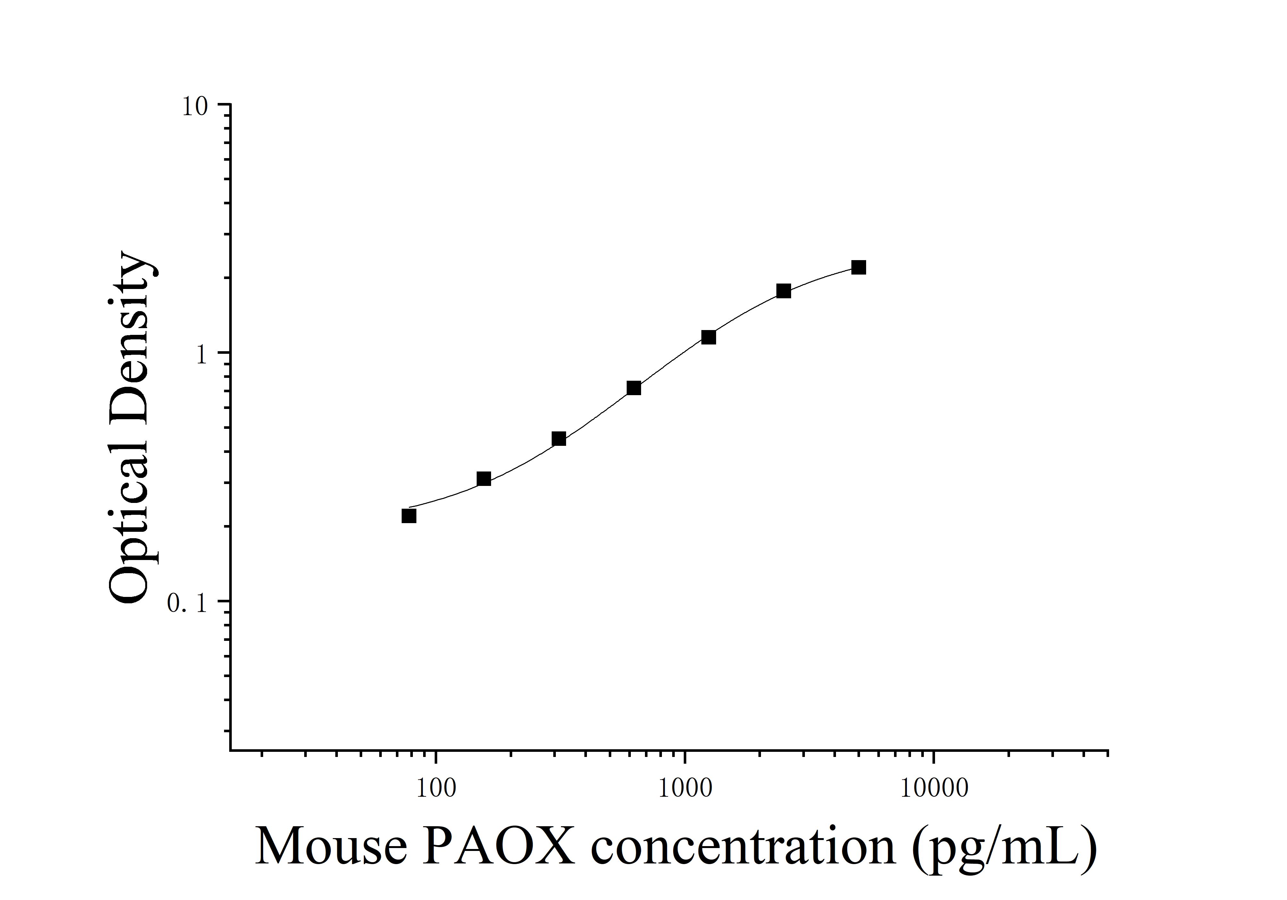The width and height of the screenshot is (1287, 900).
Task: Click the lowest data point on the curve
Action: pos(409,516)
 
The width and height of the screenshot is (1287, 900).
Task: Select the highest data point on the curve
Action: pos(858,267)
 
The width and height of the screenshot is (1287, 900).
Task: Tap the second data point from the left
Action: pos(484,479)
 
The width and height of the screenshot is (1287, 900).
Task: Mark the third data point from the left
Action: pos(559,438)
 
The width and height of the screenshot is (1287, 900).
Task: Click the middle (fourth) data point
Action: pos(634,388)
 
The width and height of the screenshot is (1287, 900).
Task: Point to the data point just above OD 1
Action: pos(708,337)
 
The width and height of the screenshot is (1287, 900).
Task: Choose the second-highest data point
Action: pos(784,291)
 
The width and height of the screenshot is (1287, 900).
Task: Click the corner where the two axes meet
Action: pos(230,750)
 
